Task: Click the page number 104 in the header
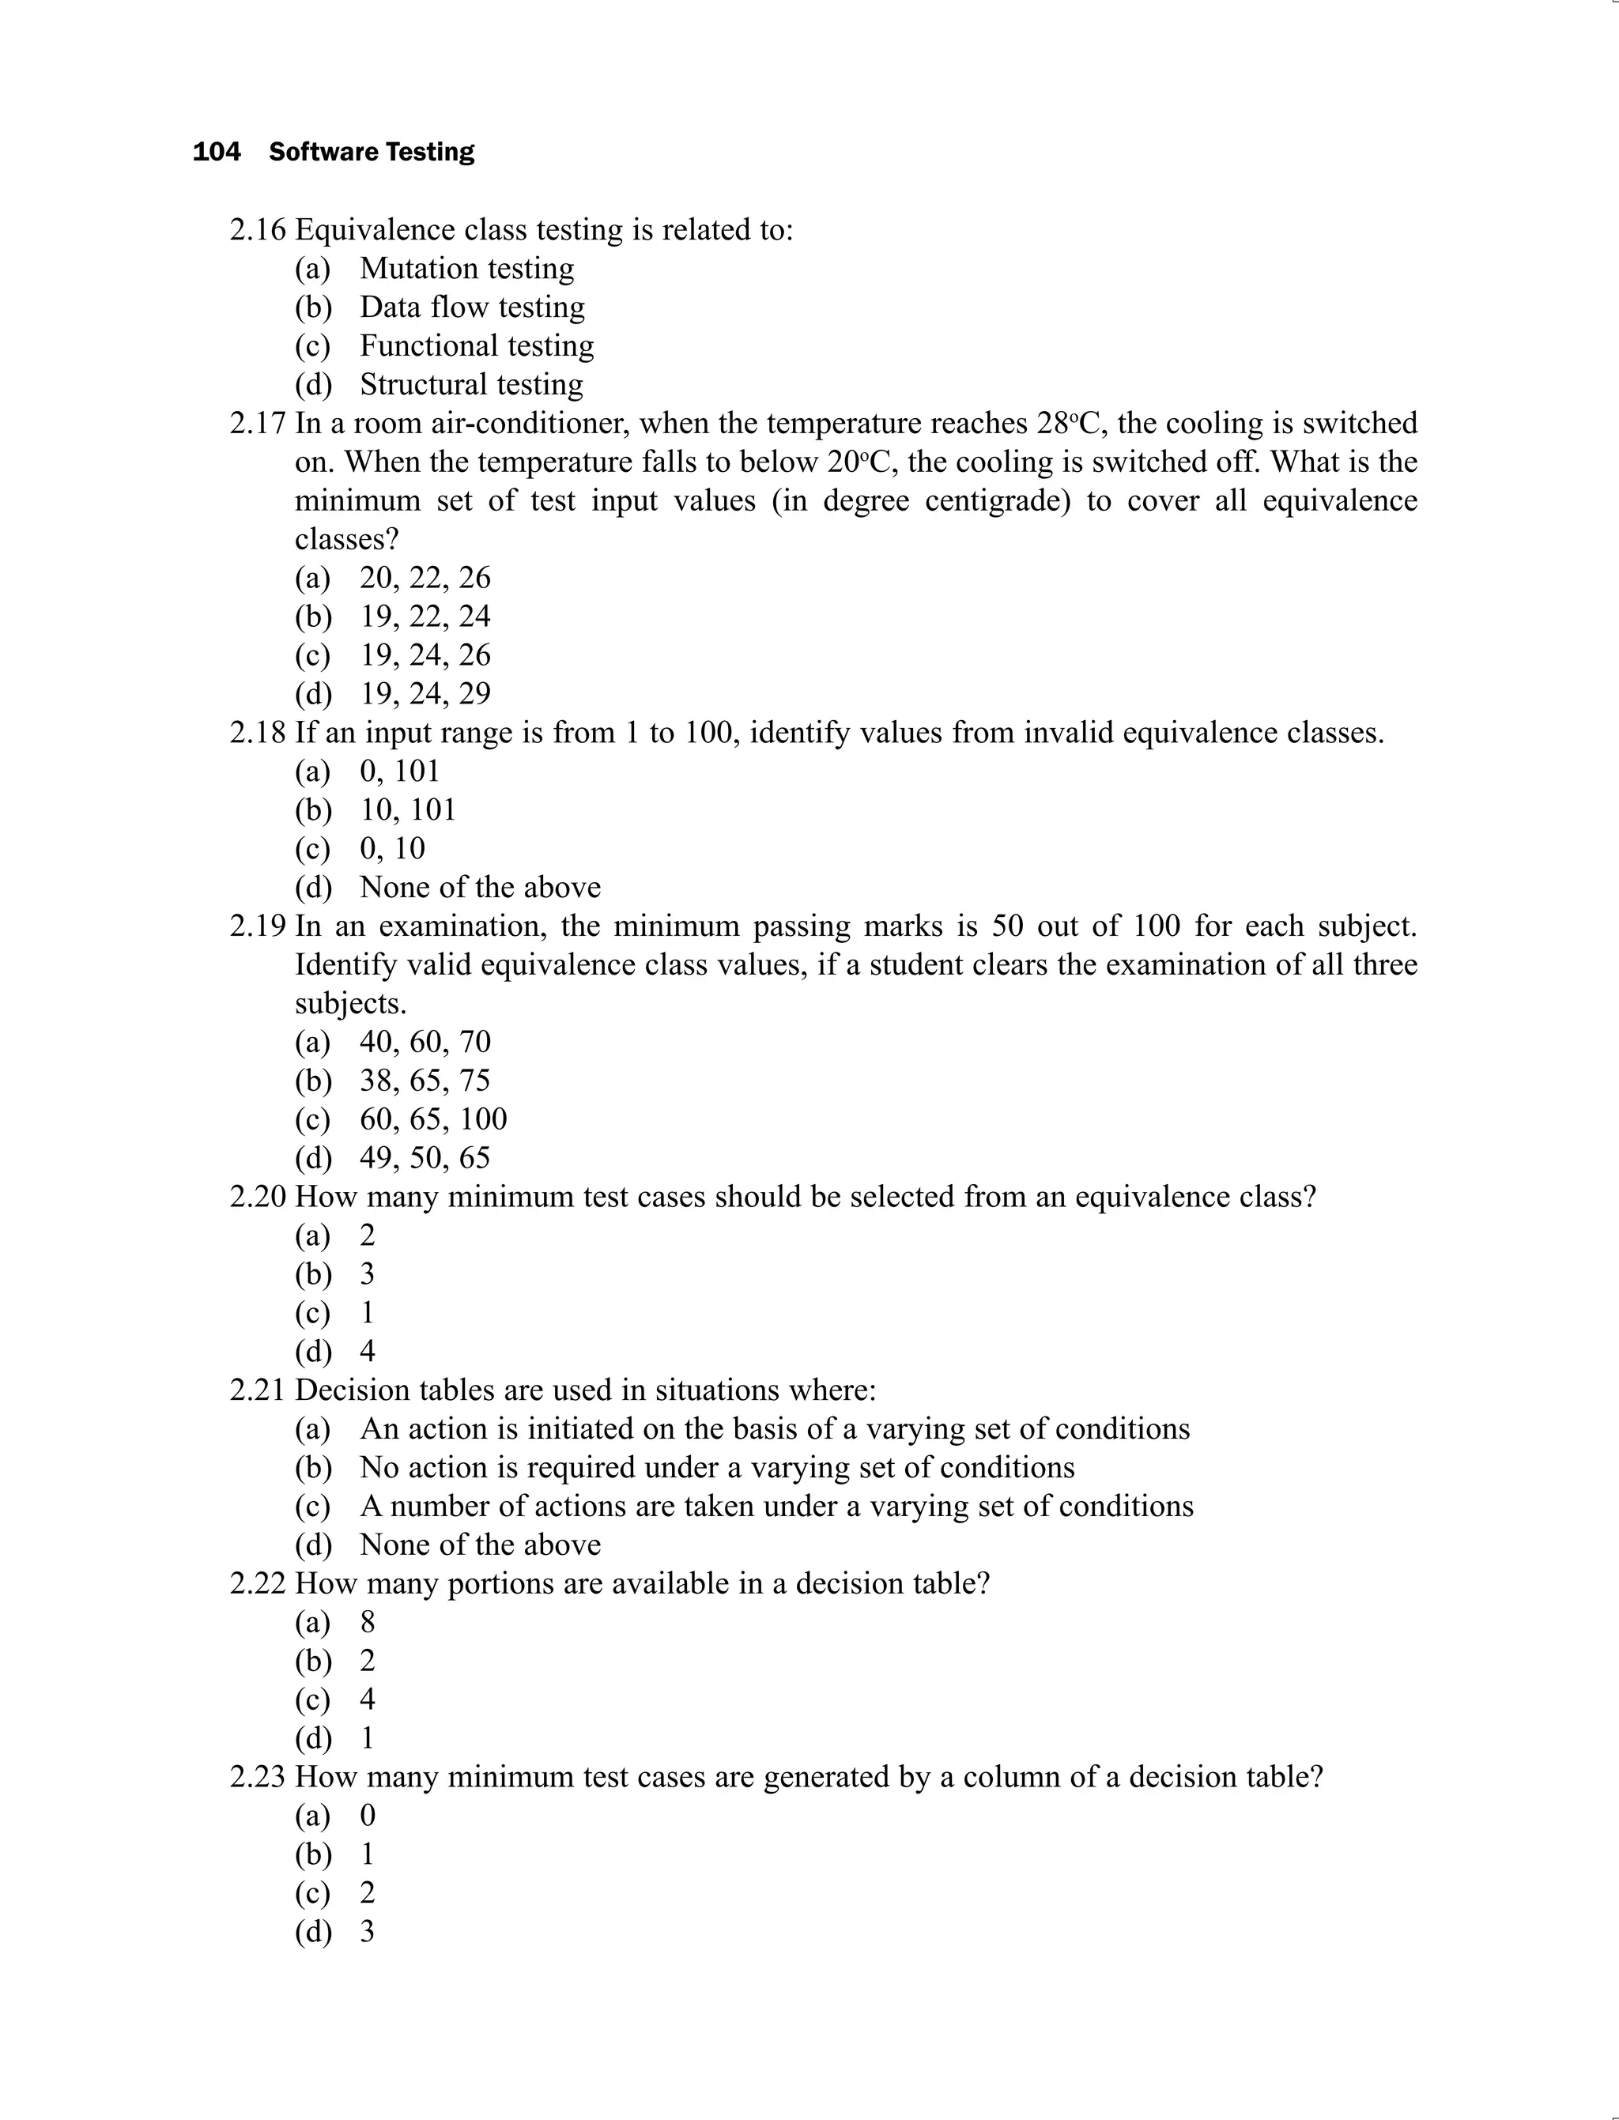(216, 153)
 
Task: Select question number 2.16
(257, 230)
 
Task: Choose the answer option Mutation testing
(466, 268)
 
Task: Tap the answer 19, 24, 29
(425, 693)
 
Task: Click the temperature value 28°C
(1068, 423)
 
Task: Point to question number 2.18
(257, 733)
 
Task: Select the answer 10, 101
(408, 809)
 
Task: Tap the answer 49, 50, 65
(425, 1157)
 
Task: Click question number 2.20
(257, 1197)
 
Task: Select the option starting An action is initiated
(774, 1428)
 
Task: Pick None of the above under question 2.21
(480, 1545)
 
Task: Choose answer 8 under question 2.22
(367, 1622)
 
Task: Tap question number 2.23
(257, 1777)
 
